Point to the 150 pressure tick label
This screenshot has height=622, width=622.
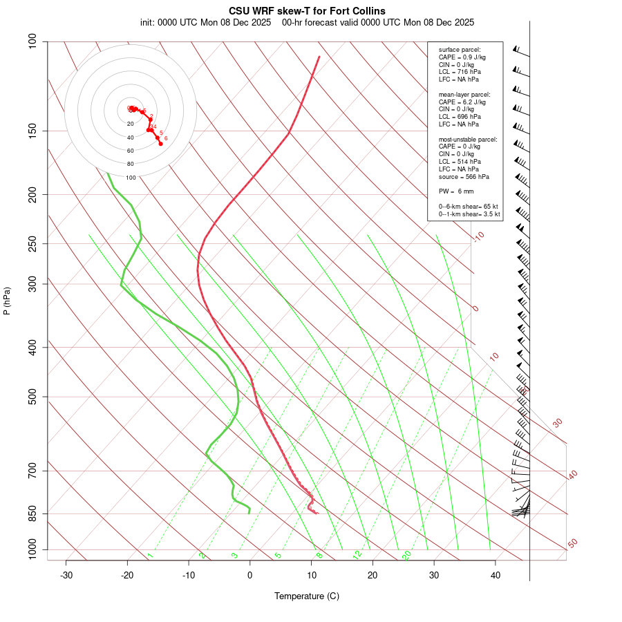[x=32, y=131]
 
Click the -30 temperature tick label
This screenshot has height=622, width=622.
[x=66, y=576]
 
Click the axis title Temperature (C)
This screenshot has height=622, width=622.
[x=307, y=596]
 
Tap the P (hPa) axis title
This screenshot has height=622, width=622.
[x=7, y=301]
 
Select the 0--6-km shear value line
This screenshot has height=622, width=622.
[x=469, y=207]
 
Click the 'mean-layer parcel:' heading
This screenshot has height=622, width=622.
[x=464, y=94]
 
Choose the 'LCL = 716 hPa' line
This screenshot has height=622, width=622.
[x=460, y=72]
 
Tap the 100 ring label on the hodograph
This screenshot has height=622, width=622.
[x=131, y=178]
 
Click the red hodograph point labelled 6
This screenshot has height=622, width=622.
[x=160, y=143]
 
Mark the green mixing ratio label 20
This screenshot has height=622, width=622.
[x=406, y=554]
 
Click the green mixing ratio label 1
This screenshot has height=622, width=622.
[x=150, y=555]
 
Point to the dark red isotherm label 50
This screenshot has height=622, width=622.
[x=572, y=544]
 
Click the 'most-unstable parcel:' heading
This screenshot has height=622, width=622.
[x=468, y=139]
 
